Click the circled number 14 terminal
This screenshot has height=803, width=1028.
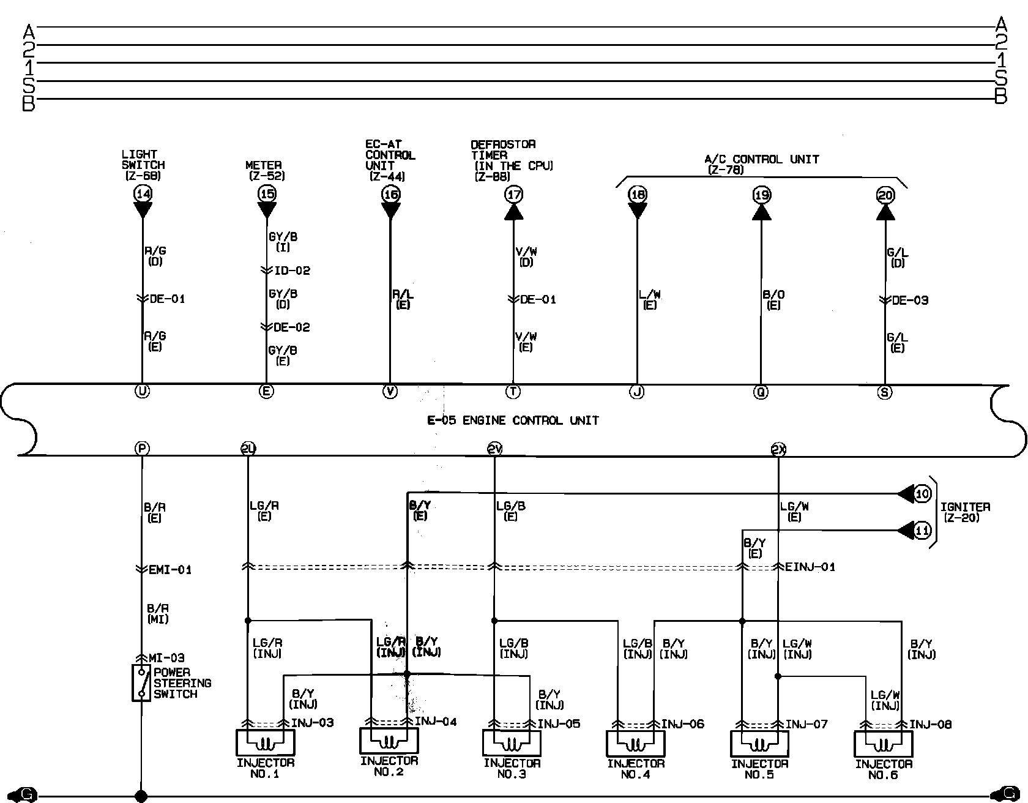pos(143,195)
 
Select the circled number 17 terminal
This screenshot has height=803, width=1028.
pos(513,195)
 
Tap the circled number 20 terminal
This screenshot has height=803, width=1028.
pos(885,195)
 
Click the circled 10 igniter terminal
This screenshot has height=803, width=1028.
pos(922,494)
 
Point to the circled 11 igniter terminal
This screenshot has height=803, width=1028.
pos(922,531)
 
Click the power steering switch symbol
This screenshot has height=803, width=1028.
pos(141,682)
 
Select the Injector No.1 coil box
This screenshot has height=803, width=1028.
pos(265,743)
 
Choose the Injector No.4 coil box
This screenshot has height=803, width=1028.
pos(636,744)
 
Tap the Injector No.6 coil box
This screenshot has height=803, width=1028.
pos(883,744)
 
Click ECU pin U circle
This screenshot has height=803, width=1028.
pos(142,392)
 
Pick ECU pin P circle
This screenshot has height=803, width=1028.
pos(142,449)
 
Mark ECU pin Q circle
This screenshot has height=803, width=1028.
pos(761,392)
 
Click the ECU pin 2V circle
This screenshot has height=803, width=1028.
pos(494,450)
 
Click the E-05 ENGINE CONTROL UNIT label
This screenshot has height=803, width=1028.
pos(513,420)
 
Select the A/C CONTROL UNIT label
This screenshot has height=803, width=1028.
pos(761,159)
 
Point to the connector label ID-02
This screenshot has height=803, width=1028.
pos(292,271)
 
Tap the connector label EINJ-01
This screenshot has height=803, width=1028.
pos(810,567)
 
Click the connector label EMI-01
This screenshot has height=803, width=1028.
pos(170,570)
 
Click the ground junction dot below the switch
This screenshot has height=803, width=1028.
pos(141,796)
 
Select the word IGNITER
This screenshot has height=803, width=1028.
pos(965,507)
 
